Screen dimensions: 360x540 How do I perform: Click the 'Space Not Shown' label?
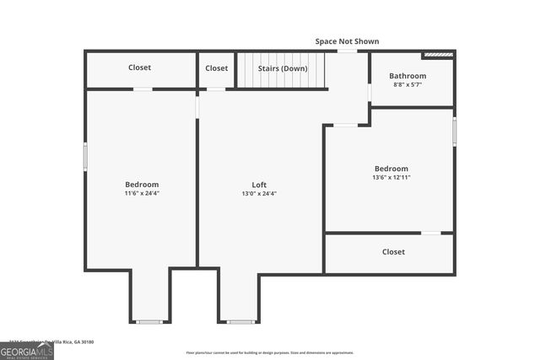347,41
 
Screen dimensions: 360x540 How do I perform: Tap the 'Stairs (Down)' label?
283,68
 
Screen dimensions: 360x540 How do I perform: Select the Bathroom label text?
408,76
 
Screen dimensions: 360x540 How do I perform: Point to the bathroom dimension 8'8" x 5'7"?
408,84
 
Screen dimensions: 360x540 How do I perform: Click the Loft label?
259,185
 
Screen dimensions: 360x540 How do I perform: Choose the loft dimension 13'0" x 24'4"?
259,194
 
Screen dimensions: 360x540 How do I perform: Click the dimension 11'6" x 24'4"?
142,194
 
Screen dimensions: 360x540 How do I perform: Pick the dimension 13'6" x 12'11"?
391,177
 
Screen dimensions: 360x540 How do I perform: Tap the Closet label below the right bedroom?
393,252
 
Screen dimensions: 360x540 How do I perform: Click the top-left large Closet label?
140,68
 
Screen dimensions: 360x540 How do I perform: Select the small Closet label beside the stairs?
217,68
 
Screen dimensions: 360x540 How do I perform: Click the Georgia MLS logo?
27,350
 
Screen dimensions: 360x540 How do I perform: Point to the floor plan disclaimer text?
270,352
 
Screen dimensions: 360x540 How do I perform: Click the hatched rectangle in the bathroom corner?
438,56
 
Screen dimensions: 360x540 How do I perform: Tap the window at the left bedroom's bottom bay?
149,321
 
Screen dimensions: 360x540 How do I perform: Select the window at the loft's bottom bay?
240,321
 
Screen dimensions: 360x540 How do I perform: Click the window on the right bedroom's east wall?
454,132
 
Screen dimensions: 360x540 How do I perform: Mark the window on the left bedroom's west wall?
85,157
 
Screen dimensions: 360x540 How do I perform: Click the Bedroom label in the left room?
142,185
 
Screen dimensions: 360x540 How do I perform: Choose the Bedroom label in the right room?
391,169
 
